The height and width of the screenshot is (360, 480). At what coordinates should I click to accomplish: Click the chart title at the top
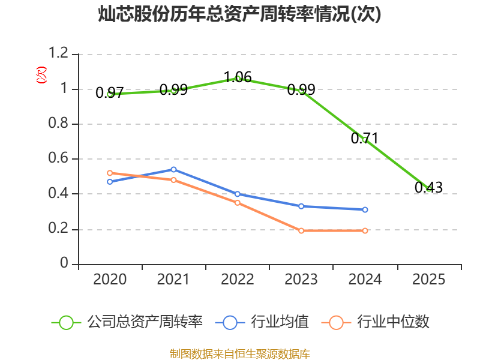tap(239, 14)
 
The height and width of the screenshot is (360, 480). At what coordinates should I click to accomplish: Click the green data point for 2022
tap(238, 79)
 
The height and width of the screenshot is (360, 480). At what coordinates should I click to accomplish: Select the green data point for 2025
tap(428, 188)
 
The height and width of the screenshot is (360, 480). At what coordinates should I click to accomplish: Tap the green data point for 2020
tap(110, 94)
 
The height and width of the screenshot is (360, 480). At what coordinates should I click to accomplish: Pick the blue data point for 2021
tap(173, 169)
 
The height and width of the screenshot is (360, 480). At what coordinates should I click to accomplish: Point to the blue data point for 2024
tap(365, 209)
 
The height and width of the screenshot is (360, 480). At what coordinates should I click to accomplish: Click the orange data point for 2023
tap(301, 230)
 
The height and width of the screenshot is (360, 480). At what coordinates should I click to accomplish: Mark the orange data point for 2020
tap(110, 173)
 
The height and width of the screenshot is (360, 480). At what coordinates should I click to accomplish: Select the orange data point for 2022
tap(238, 203)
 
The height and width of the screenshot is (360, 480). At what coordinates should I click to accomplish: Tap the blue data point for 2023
tap(301, 206)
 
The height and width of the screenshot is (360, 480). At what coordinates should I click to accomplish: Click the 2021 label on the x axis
tap(173, 280)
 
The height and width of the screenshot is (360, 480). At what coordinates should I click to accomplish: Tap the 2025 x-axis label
tap(428, 280)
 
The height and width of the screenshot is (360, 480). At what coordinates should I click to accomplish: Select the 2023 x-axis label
tap(301, 280)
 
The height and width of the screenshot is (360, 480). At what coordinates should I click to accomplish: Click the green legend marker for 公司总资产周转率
tap(66, 322)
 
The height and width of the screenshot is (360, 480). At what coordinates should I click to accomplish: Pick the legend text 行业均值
tap(280, 322)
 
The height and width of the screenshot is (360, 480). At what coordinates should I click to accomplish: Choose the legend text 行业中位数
tap(393, 322)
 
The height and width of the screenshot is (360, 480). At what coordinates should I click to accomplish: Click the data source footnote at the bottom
tap(239, 353)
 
